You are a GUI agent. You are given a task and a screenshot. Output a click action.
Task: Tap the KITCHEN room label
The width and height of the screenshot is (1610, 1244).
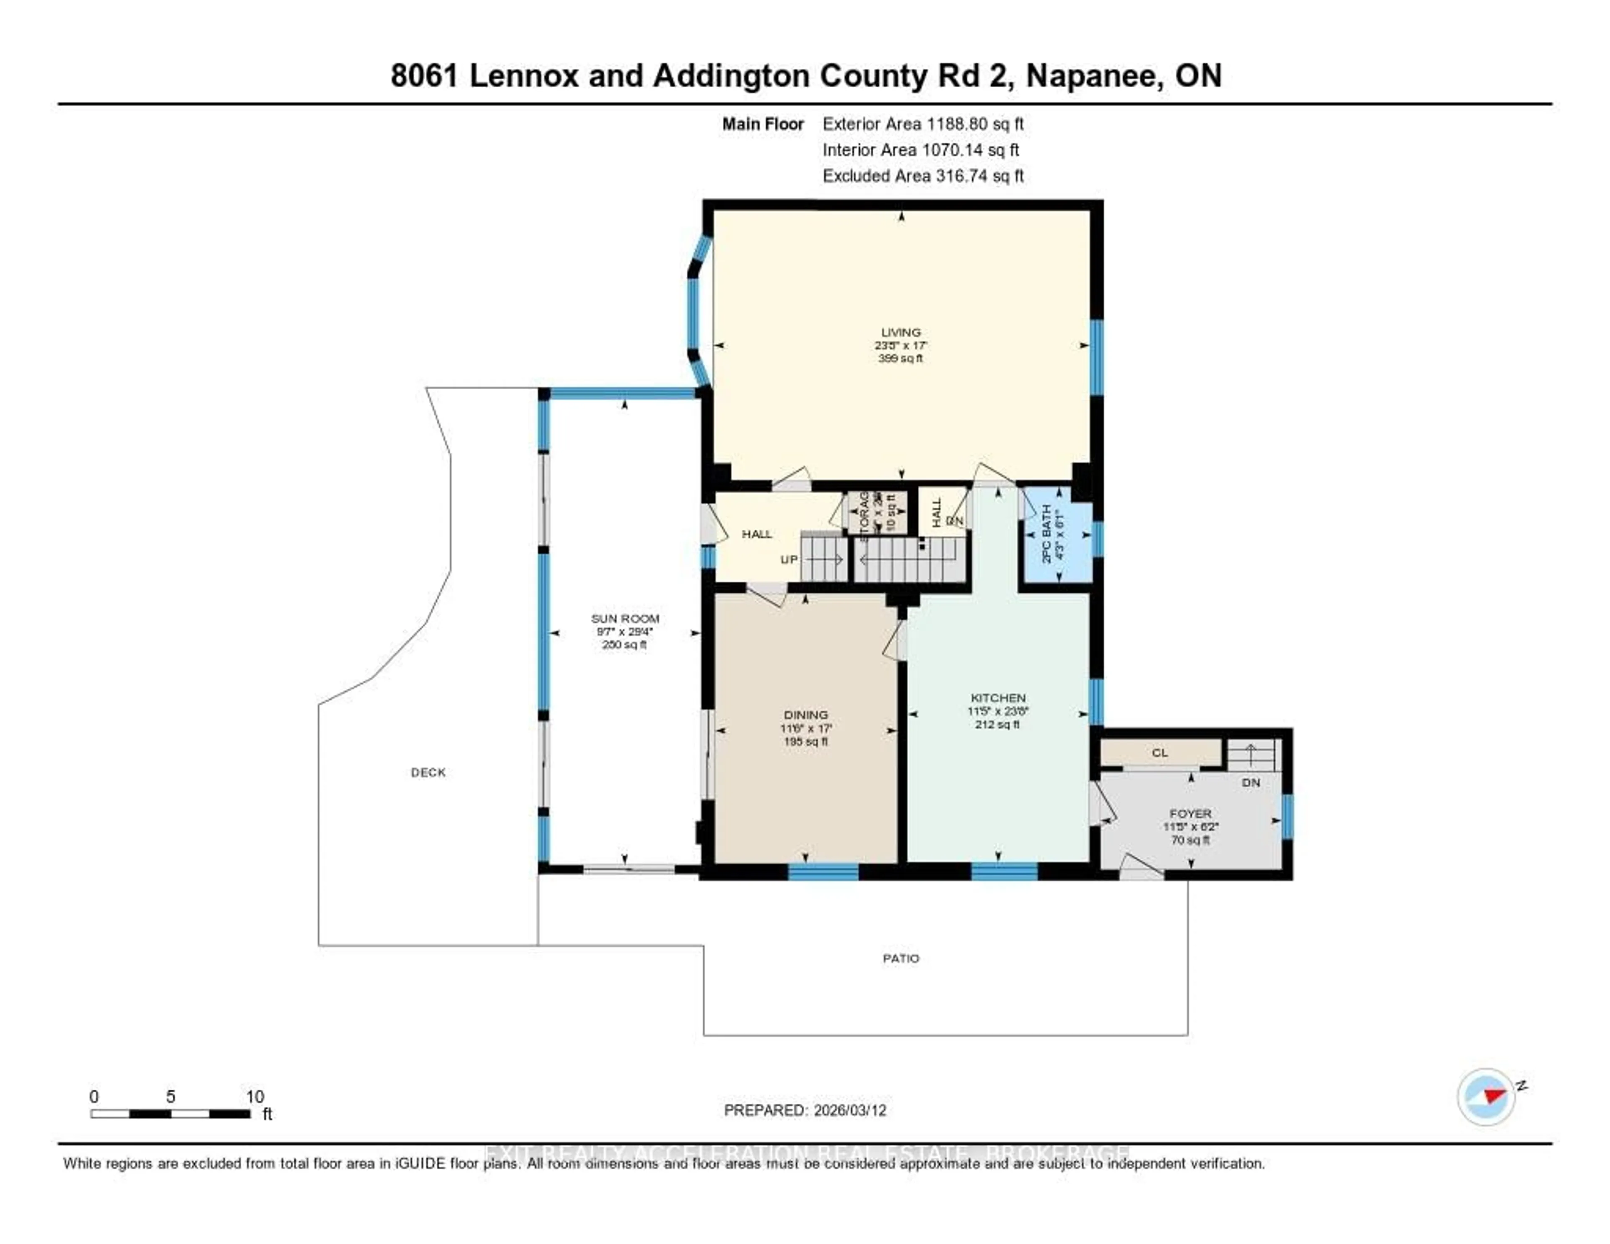(x=997, y=697)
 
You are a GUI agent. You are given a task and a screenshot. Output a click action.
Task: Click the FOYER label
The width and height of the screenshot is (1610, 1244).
(x=1190, y=813)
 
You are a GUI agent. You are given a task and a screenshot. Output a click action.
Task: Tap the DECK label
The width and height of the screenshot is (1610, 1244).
(x=428, y=772)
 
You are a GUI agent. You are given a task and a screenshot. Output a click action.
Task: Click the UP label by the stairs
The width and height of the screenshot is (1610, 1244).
(x=789, y=559)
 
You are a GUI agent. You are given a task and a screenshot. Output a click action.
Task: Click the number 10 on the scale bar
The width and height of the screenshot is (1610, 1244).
(x=254, y=1096)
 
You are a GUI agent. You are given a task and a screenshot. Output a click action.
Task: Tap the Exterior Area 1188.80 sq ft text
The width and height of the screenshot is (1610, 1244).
(x=923, y=124)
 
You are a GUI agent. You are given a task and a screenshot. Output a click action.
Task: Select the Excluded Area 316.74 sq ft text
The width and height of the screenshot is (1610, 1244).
(x=923, y=175)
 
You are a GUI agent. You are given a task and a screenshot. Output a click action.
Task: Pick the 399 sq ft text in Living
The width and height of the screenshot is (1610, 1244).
(x=900, y=358)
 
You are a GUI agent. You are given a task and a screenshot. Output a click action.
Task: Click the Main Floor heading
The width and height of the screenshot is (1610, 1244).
(x=762, y=124)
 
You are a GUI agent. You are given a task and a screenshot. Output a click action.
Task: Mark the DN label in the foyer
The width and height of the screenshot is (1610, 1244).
(x=1251, y=782)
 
